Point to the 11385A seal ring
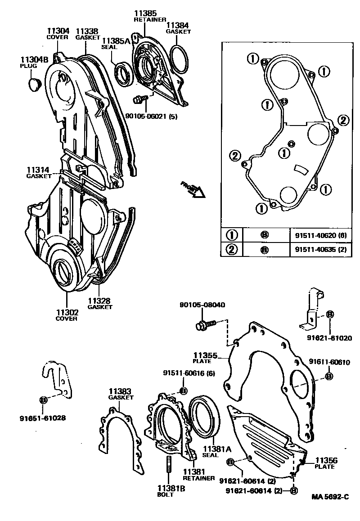[124, 74]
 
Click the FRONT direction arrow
[193, 189]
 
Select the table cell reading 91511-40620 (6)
[320, 235]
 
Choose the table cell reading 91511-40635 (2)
[320, 249]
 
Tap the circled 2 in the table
[232, 249]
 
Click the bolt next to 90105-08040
[206, 324]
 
